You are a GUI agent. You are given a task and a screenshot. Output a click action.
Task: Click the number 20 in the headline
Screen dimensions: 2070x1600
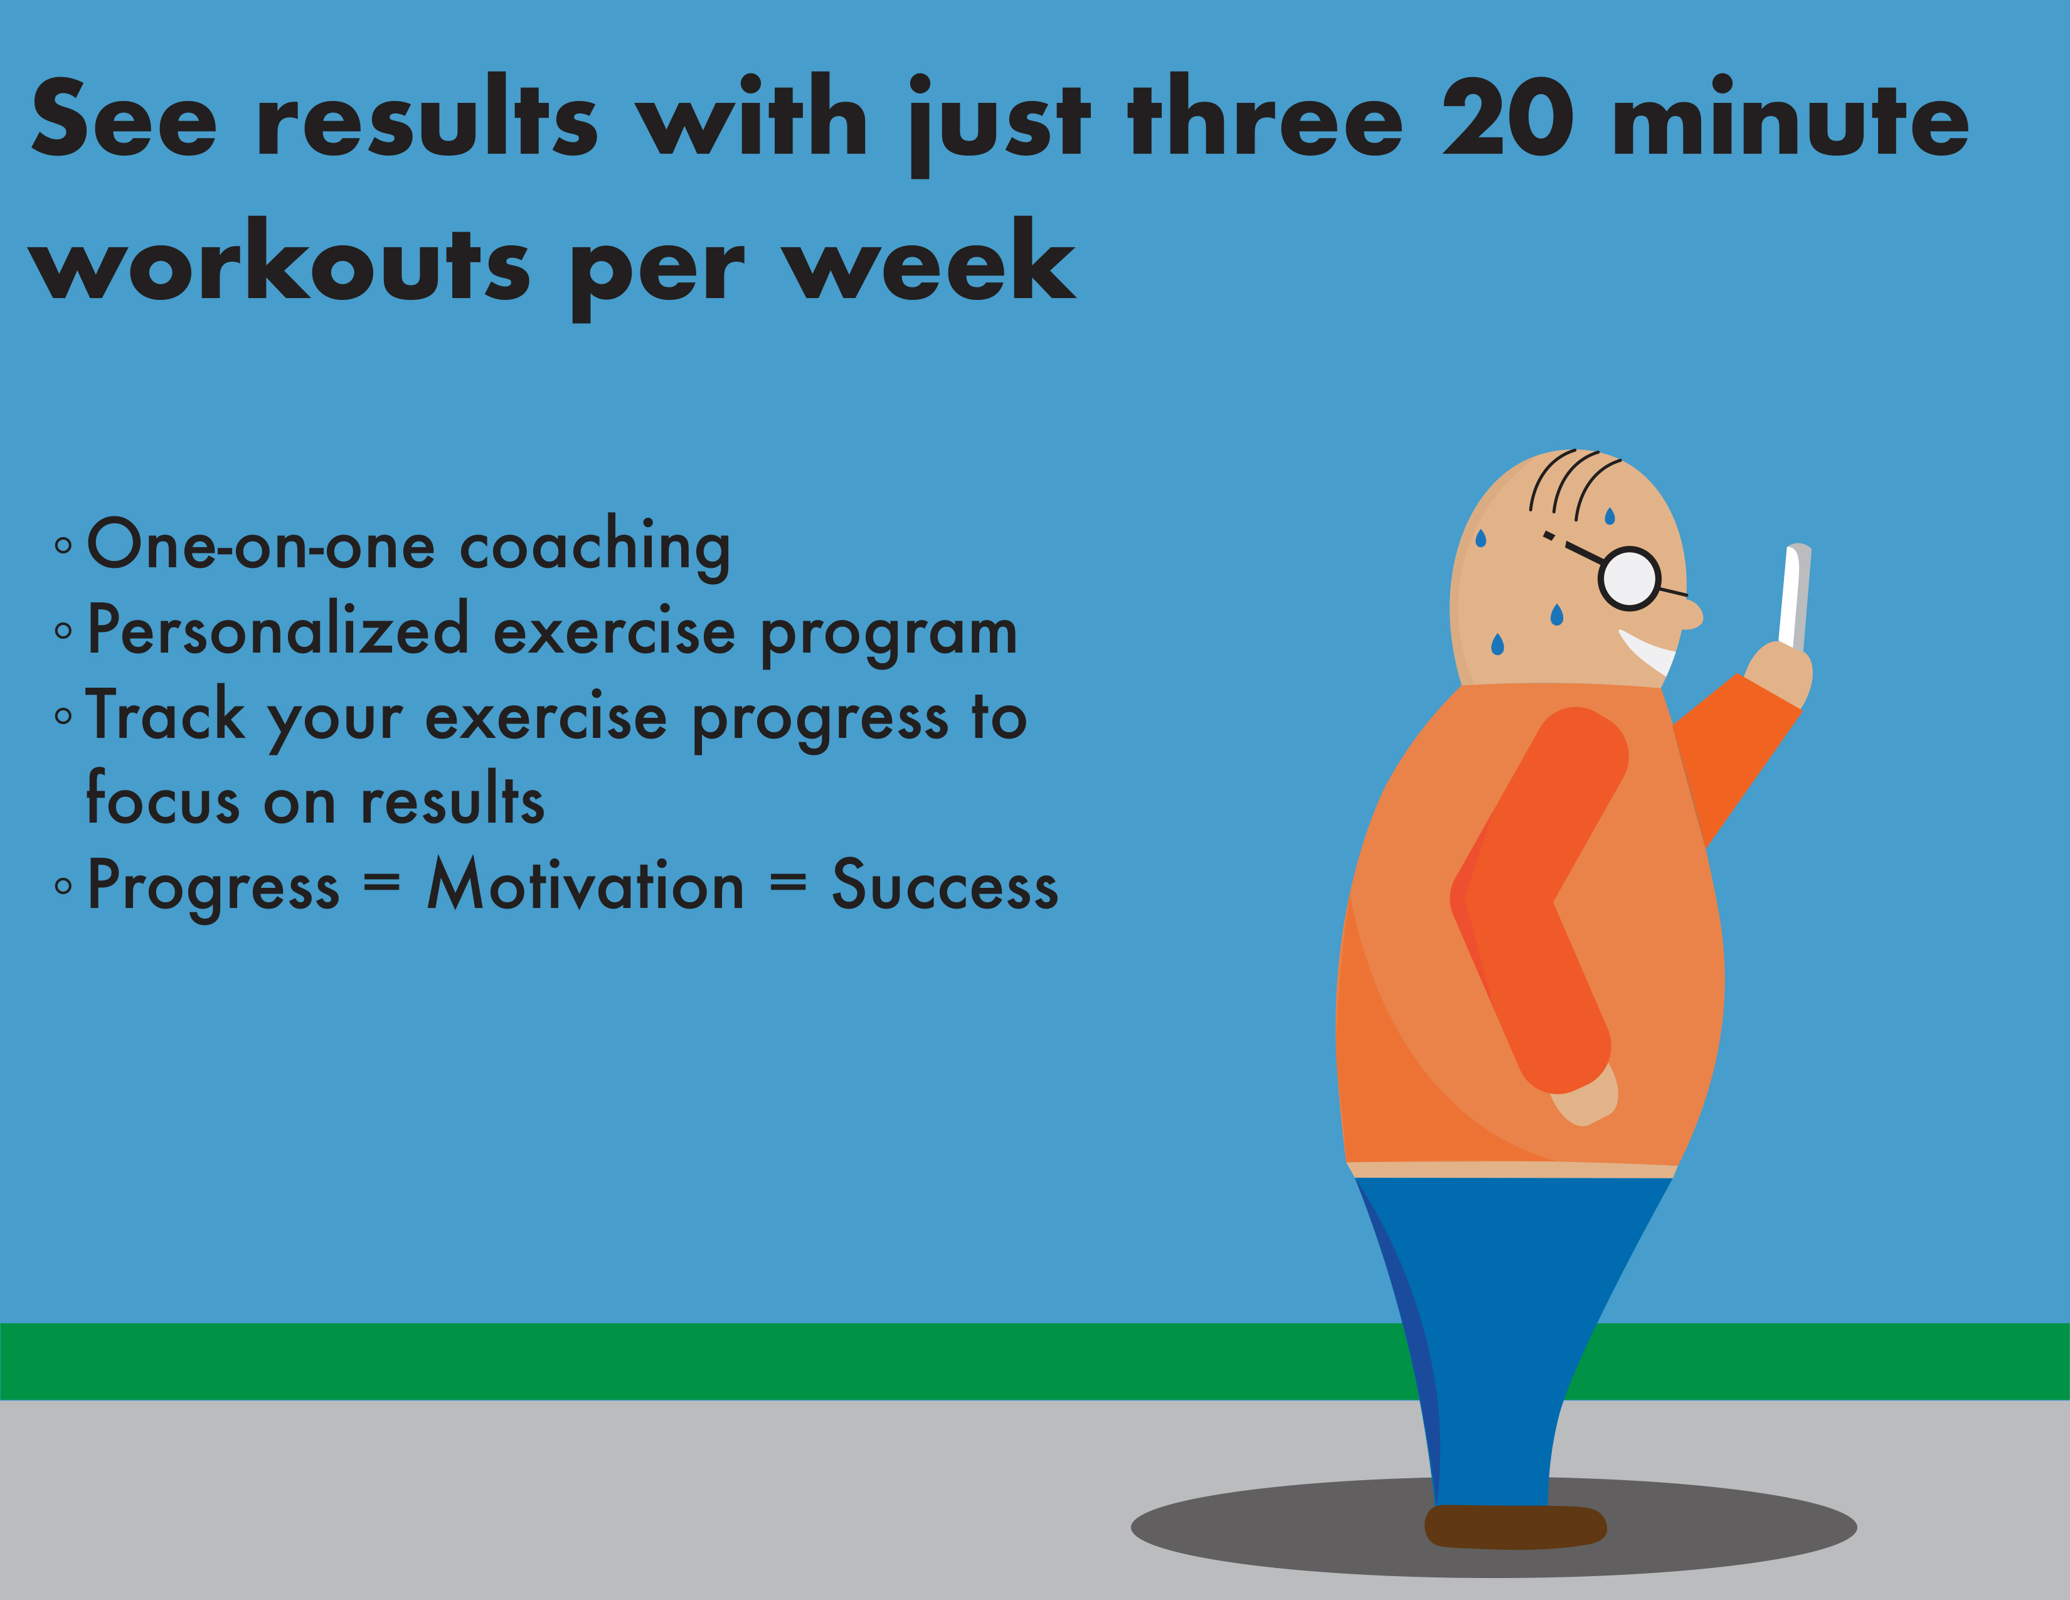pyautogui.click(x=1509, y=117)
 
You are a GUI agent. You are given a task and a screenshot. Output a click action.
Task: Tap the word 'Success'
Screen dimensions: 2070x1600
pyautogui.click(x=945, y=885)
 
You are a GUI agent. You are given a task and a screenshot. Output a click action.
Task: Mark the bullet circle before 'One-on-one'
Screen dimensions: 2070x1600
pyautogui.click(x=63, y=546)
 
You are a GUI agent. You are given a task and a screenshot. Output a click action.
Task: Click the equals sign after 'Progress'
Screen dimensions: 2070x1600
pyautogui.click(x=382, y=883)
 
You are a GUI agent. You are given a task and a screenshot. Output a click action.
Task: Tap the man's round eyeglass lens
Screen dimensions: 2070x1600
pyautogui.click(x=1629, y=579)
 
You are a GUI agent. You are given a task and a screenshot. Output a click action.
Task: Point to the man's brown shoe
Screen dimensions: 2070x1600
pyautogui.click(x=1515, y=1526)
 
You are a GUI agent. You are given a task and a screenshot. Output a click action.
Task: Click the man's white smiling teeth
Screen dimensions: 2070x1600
pyautogui.click(x=1647, y=652)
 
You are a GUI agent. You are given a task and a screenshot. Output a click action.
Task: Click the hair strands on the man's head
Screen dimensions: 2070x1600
pyautogui.click(x=1573, y=483)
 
